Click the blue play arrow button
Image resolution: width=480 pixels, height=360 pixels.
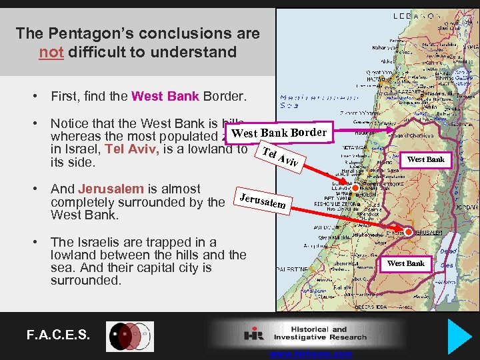[460, 337]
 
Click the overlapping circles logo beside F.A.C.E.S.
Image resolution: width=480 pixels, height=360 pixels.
[131, 336]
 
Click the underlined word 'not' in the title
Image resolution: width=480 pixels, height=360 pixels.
[51, 52]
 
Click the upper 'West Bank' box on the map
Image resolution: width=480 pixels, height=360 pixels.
[425, 159]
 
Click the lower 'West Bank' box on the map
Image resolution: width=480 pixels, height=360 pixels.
[405, 263]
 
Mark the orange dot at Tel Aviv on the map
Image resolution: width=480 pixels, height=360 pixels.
[355, 189]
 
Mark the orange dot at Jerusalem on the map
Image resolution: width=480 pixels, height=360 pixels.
[408, 231]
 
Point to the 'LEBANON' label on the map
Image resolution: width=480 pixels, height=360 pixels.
[416, 15]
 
